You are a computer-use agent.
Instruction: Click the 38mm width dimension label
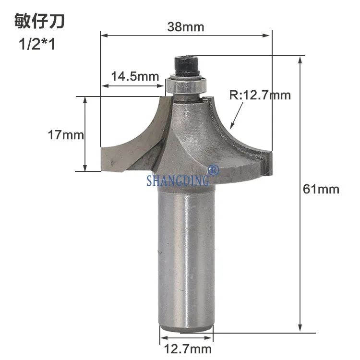pyautogui.click(x=185, y=27)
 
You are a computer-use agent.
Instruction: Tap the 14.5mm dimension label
pyautogui.click(x=135, y=76)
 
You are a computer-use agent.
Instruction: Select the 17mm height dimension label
pyautogui.click(x=66, y=135)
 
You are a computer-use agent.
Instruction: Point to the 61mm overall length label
pyautogui.click(x=321, y=189)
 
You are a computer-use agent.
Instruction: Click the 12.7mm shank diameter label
pyautogui.click(x=188, y=349)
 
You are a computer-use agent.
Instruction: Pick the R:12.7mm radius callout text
pyautogui.click(x=260, y=95)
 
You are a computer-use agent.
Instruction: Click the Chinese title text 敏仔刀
pyautogui.click(x=39, y=21)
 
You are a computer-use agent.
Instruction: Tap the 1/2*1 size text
pyautogui.click(x=37, y=44)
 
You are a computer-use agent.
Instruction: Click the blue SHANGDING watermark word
pyautogui.click(x=178, y=180)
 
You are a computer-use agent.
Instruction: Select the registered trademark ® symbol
pyautogui.click(x=213, y=170)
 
